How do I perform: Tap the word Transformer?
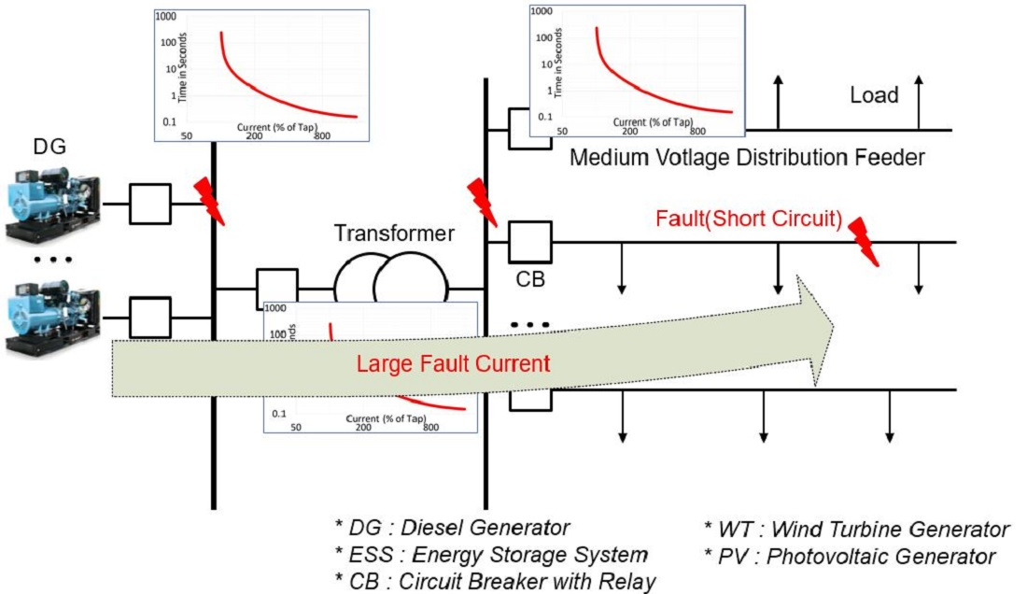(395, 233)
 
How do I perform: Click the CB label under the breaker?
(529, 278)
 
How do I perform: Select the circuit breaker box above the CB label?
(530, 242)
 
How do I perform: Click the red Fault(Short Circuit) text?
(749, 220)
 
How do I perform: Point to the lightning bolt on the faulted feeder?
(865, 241)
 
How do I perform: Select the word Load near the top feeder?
(874, 94)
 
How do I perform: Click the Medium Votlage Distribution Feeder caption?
(747, 157)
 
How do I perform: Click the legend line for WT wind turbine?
(856, 530)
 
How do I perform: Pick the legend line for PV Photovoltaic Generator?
(850, 557)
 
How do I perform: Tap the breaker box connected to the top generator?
(149, 203)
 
